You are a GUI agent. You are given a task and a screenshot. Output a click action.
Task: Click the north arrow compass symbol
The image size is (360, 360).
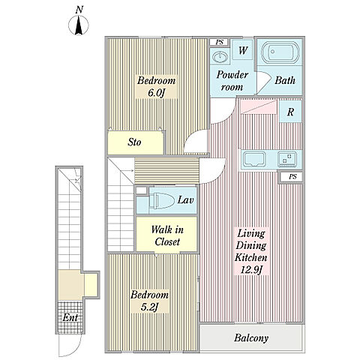tap(79, 25)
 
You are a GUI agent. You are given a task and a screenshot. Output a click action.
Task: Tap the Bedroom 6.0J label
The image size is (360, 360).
tap(157, 86)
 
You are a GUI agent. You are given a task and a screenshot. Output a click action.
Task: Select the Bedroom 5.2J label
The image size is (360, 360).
tap(149, 301)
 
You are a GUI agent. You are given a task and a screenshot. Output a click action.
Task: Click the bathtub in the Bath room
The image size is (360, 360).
tap(280, 52)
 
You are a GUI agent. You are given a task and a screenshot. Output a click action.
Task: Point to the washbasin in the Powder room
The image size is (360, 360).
tap(220, 56)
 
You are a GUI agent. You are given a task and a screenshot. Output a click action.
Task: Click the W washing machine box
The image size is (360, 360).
tap(242, 50)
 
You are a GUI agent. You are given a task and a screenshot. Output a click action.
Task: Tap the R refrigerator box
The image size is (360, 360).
tap(290, 112)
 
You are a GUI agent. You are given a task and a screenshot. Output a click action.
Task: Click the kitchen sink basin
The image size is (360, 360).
tap(255, 159)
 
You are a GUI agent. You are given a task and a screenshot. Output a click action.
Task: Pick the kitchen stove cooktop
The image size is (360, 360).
tap(287, 159)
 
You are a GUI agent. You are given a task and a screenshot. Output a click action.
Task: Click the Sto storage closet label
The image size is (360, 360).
tap(134, 142)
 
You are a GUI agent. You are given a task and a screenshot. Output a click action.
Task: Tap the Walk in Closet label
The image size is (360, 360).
tap(167, 235)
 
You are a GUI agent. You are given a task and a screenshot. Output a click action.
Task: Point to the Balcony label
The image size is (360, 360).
tap(251, 338)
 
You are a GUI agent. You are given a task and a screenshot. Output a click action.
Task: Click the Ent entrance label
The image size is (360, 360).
tap(70, 318)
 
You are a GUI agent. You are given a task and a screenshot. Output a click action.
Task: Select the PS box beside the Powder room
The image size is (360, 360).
tap(219, 42)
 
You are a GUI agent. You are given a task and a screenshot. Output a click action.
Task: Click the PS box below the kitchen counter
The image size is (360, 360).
tap(292, 177)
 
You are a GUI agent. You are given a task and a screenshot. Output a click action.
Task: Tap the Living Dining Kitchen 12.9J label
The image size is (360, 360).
tap(251, 252)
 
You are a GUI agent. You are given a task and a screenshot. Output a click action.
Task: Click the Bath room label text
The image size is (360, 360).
tap(285, 80)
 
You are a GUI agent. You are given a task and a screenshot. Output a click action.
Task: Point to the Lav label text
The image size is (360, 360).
tap(185, 200)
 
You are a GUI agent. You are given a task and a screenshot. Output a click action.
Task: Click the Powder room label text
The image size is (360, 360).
tap(232, 81)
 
